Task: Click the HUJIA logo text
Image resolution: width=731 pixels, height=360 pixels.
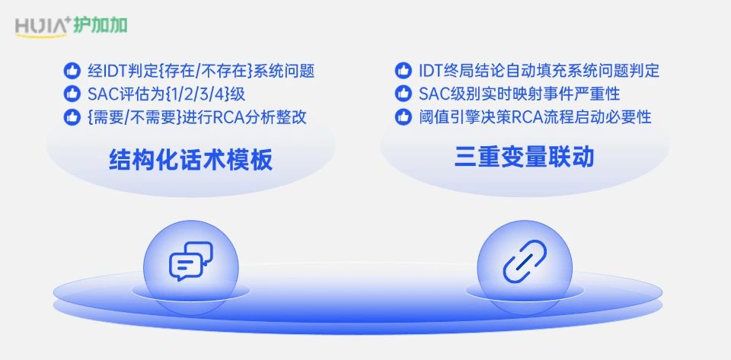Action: [41, 27]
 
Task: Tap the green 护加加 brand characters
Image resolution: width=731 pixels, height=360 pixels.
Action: [101, 26]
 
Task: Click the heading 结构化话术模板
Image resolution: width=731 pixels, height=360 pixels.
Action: [190, 160]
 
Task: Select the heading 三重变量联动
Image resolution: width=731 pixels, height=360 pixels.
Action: [525, 157]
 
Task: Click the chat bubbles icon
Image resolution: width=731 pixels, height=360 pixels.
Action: [190, 261]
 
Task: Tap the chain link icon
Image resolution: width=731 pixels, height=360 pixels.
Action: [525, 261]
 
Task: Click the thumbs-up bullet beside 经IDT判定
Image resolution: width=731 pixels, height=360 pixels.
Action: [72, 72]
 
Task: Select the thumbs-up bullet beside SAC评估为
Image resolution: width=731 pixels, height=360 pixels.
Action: [72, 94]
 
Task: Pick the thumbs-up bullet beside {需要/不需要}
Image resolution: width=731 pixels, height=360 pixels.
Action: [72, 117]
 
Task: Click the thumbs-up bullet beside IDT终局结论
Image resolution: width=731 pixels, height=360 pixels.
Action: [404, 71]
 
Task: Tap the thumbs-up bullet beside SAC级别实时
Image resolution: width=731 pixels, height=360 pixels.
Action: [404, 94]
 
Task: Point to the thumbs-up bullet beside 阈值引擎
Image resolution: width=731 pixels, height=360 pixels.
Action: [404, 116]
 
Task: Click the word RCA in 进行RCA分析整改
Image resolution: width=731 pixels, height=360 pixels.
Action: [228, 117]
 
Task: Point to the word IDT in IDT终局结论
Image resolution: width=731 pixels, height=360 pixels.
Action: [430, 72]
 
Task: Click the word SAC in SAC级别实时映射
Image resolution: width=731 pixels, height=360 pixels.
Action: [433, 94]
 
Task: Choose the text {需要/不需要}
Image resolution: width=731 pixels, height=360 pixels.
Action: [134, 117]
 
